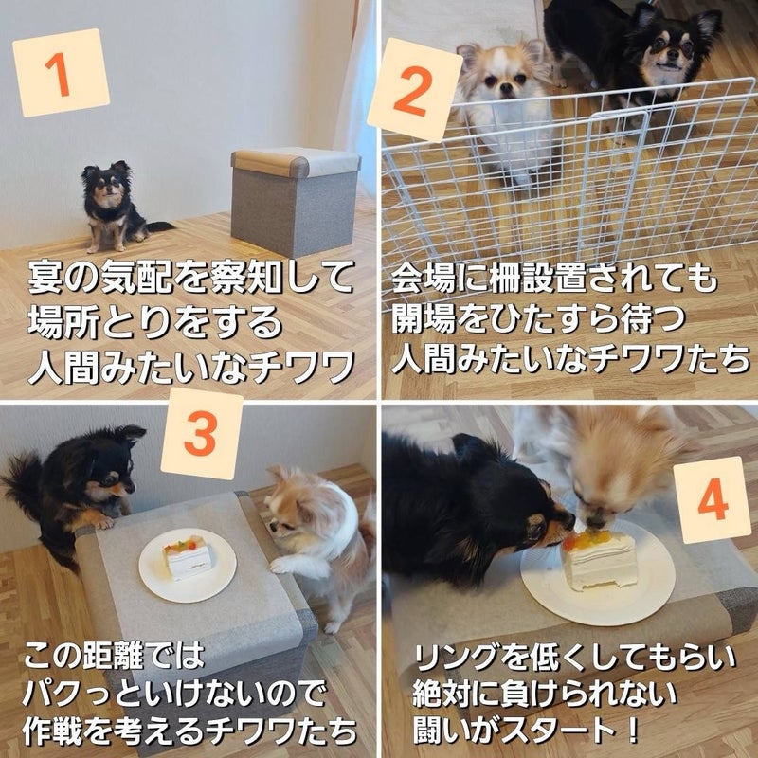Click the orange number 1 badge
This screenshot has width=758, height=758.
(x=61, y=73)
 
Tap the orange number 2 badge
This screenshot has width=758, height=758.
(x=415, y=90)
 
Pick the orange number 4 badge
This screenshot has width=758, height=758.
(x=713, y=499)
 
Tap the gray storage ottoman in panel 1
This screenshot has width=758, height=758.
(x=296, y=201)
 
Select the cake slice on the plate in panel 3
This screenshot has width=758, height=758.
(x=188, y=557)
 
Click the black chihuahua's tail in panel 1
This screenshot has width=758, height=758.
(x=159, y=226)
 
